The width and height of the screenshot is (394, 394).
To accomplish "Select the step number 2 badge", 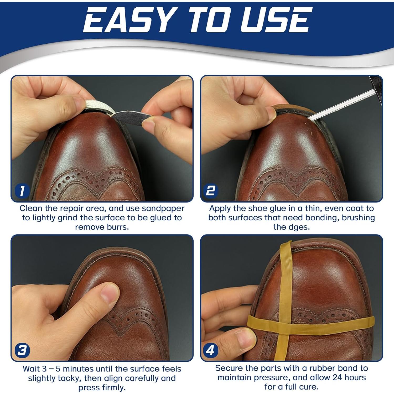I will point(210,190).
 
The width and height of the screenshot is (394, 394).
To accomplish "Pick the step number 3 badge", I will point(22,350).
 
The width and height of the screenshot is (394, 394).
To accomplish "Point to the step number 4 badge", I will point(210,350).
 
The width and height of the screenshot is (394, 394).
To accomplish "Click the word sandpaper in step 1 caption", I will point(163,209).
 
